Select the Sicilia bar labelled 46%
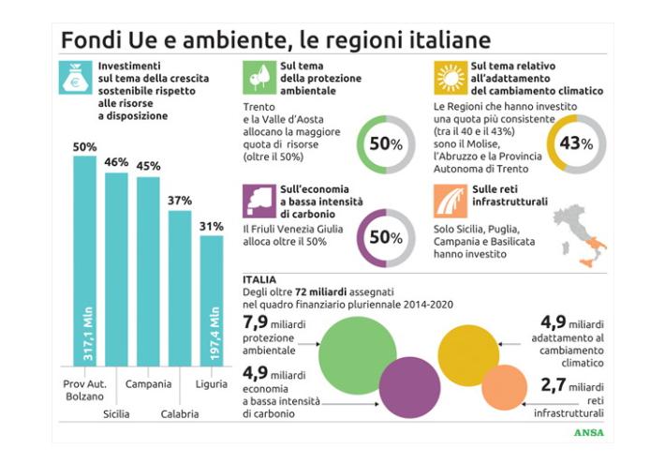116,272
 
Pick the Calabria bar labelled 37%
180,291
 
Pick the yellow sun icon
451,77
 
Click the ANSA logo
587,433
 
